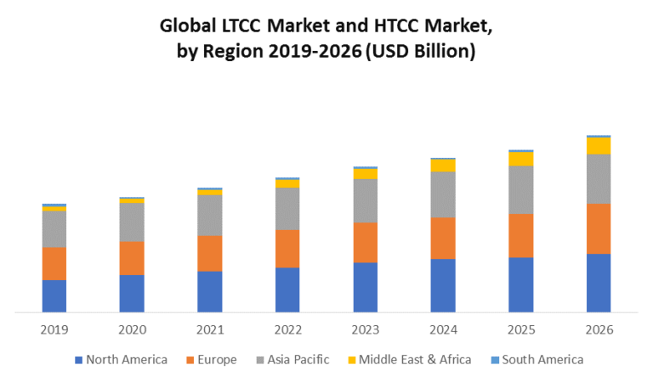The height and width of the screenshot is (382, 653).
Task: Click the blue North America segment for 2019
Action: click(x=54, y=295)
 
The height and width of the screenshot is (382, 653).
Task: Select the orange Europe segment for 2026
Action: click(x=599, y=228)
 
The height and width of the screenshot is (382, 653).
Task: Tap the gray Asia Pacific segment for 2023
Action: click(x=366, y=200)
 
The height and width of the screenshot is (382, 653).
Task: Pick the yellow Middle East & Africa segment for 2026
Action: click(x=599, y=145)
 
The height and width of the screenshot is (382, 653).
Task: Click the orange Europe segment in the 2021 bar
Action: click(x=210, y=253)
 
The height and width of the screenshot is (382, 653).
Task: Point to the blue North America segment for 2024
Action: click(x=443, y=285)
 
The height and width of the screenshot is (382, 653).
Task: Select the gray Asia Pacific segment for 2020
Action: click(x=132, y=222)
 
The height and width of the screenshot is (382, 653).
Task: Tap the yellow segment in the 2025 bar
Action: click(x=521, y=159)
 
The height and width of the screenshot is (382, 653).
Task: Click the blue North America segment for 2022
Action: click(x=287, y=289)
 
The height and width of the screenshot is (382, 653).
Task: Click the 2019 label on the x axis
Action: click(x=54, y=329)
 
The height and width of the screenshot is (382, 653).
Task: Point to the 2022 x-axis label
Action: click(x=287, y=329)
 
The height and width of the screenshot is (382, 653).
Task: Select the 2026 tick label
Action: click(x=599, y=329)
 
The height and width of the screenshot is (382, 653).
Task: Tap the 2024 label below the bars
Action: click(x=443, y=329)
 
